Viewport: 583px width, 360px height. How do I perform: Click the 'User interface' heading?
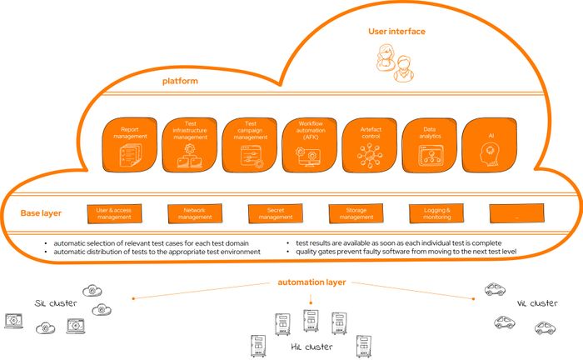396,32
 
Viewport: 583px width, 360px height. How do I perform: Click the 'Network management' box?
193,213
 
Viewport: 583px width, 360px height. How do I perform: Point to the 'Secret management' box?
275,213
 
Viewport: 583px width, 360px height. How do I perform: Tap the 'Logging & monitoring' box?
437,213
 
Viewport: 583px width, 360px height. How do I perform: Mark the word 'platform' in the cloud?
179,82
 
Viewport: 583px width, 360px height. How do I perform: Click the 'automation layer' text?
311,282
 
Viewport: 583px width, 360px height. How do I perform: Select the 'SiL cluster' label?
56,302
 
